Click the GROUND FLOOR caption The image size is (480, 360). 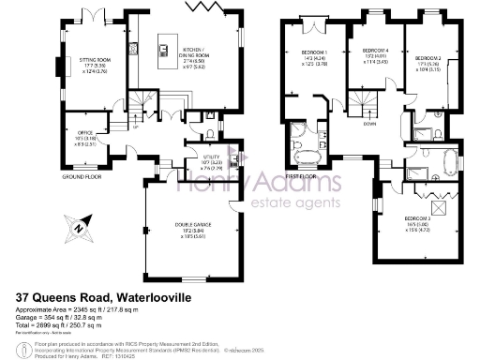(82, 177)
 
